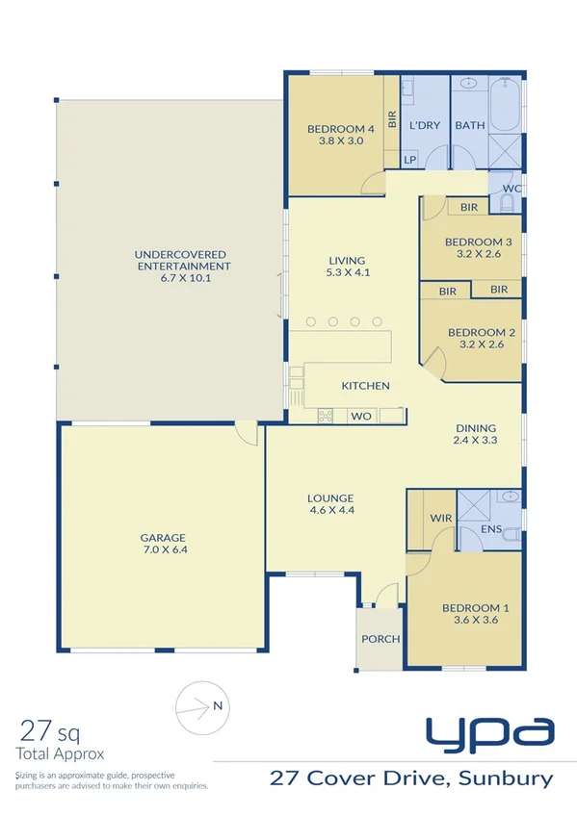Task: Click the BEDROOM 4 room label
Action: [x=340, y=129]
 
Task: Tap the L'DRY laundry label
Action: [x=424, y=125]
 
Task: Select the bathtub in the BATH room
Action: [x=504, y=107]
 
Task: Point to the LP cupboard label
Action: [x=409, y=160]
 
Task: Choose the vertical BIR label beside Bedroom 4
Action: [x=392, y=120]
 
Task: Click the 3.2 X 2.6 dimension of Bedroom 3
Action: [x=478, y=255]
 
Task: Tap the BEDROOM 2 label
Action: [x=482, y=333]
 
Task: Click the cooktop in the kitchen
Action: [x=326, y=416]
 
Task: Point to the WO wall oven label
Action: [x=361, y=416]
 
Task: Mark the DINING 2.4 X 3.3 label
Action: [x=476, y=435]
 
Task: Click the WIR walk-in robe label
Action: [x=441, y=518]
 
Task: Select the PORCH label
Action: [x=380, y=638]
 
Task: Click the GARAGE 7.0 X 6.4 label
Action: [x=161, y=545]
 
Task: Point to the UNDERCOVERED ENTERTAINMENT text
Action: [x=183, y=260]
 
